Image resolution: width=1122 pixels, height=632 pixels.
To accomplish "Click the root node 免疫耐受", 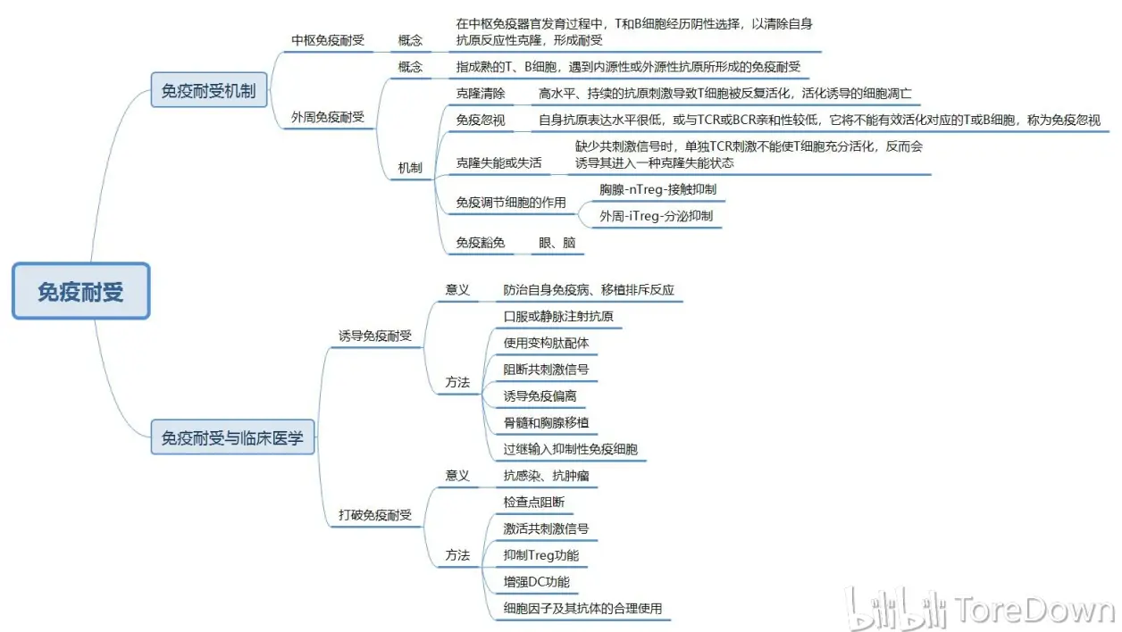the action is click(81, 291).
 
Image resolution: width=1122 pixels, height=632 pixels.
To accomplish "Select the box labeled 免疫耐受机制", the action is click(209, 90).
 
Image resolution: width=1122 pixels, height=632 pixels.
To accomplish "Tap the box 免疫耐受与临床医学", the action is click(232, 437).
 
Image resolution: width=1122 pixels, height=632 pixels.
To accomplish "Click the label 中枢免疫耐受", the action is click(328, 40).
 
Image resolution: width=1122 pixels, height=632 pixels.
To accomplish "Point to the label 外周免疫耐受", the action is click(328, 117).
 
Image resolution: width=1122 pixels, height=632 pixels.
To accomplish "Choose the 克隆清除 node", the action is click(481, 94).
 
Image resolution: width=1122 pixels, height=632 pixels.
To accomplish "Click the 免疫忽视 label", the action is click(481, 121).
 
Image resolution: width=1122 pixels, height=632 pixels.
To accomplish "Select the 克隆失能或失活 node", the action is click(498, 162).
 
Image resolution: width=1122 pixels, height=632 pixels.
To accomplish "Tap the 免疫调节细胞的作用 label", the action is click(511, 202).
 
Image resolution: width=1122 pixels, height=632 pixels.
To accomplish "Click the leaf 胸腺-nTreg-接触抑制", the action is click(657, 189).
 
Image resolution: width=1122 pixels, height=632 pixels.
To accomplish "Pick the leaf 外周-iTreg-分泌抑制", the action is click(657, 216).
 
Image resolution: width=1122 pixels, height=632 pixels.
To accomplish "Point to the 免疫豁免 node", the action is click(481, 243).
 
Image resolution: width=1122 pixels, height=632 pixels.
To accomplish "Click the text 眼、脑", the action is click(557, 243).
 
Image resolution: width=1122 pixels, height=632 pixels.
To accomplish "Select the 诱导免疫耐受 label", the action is click(374, 336).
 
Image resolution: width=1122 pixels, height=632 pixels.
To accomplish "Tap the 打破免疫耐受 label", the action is click(374, 515).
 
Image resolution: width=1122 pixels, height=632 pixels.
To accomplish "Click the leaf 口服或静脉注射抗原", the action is click(558, 316).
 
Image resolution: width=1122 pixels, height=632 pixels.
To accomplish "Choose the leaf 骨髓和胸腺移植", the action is click(546, 423).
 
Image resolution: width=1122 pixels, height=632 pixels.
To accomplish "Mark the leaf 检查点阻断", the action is click(534, 502).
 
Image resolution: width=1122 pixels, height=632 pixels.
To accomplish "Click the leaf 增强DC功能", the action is click(537, 582).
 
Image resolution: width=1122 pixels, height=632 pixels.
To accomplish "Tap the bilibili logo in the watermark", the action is click(896, 609).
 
